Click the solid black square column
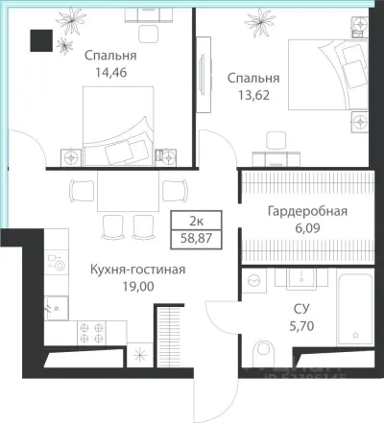tap(41, 40)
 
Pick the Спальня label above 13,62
tap(253, 77)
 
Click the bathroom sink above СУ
tap(300, 277)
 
